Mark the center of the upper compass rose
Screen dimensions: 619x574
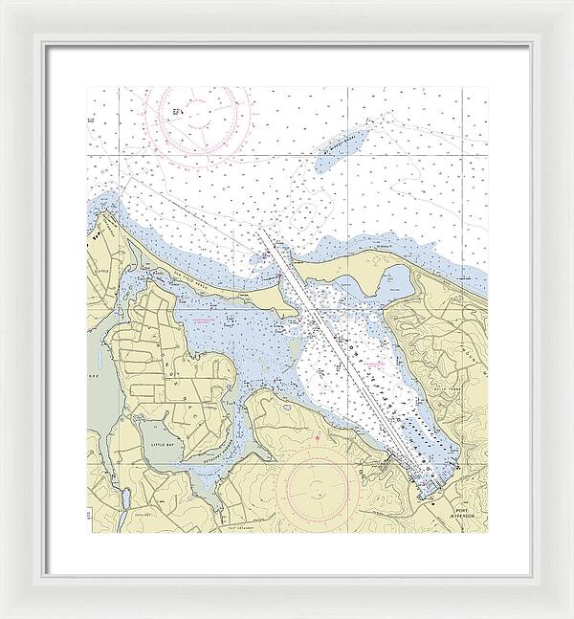point(204,118)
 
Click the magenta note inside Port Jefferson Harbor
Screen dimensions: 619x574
point(374,365)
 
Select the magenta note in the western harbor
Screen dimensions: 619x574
point(205,322)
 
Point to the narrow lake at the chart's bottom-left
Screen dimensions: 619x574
point(125,501)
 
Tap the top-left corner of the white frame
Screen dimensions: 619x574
point(2,2)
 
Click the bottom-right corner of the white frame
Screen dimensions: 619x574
point(571,616)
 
